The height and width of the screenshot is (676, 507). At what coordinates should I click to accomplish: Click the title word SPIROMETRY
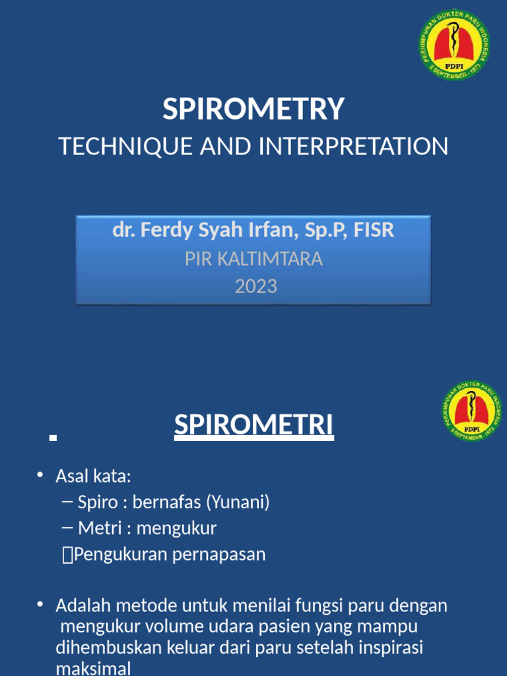tap(253, 109)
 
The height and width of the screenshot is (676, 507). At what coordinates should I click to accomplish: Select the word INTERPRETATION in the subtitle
tap(353, 146)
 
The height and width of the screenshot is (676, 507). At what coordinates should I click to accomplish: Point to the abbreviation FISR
tap(374, 230)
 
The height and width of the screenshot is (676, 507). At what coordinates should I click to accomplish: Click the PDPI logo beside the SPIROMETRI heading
tap(471, 411)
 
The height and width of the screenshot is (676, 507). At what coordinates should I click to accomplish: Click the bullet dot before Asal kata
tap(40, 475)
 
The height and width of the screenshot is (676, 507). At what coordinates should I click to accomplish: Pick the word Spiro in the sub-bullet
tap(96, 502)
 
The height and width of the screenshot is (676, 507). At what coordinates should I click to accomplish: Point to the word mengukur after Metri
tap(176, 528)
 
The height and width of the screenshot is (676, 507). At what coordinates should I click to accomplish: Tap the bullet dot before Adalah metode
tap(40, 604)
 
